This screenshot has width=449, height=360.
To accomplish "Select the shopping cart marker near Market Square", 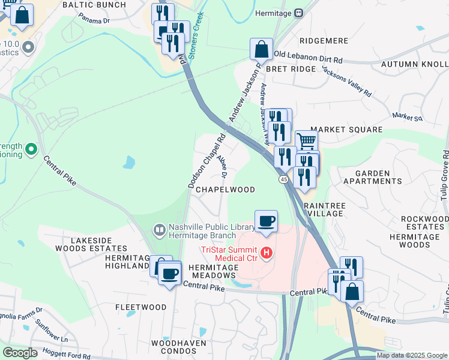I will (x=306, y=142).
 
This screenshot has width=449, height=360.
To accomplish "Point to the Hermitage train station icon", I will (x=298, y=13).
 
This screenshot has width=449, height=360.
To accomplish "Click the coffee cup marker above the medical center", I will (x=267, y=221).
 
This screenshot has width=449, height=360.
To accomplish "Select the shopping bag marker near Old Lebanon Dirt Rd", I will (x=261, y=49).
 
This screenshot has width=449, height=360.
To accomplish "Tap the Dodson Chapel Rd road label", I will (x=206, y=161).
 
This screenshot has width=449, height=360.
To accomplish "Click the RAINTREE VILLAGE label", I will (x=325, y=209).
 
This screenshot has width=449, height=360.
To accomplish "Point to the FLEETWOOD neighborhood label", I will (x=140, y=307).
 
